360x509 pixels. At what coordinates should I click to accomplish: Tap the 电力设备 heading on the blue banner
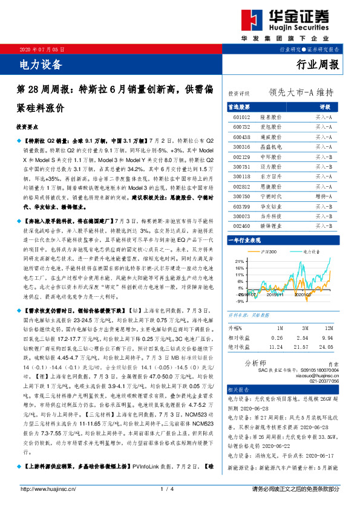point(38,62)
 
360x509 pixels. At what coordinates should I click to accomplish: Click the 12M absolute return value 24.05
point(327,348)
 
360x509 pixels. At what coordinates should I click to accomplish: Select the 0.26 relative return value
point(277,337)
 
